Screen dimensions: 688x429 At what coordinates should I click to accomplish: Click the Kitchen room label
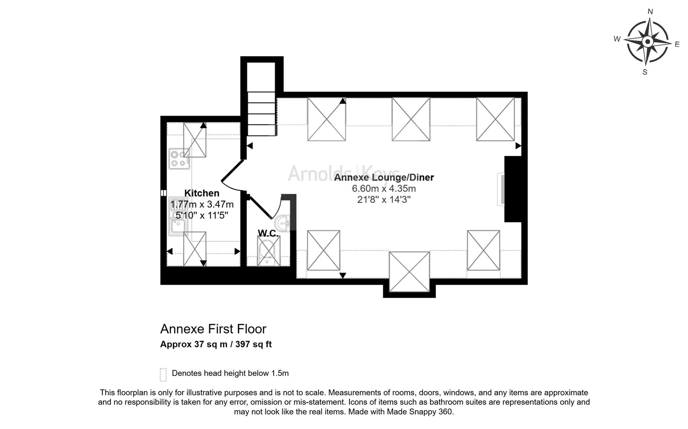[x=202, y=193]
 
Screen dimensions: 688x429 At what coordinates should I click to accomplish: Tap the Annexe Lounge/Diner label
[x=384, y=178]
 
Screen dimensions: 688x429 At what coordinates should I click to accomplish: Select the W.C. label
[x=268, y=233]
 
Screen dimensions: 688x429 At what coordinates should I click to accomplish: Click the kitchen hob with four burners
[x=179, y=158]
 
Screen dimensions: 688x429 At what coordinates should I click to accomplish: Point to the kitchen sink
[x=178, y=216]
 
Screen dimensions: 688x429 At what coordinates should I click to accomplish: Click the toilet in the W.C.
[x=269, y=251]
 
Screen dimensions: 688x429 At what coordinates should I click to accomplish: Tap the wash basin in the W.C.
[x=283, y=224]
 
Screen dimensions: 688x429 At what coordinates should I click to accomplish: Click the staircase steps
[x=262, y=114]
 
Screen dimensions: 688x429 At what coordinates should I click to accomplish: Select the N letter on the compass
[x=650, y=12]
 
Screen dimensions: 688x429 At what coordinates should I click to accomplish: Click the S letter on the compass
[x=645, y=72]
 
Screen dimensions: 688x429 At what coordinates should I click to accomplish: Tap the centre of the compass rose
[x=648, y=41]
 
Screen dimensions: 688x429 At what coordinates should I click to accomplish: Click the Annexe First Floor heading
[x=213, y=329]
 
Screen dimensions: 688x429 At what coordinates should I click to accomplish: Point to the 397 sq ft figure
[x=253, y=344]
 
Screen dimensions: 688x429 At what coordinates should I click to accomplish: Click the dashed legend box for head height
[x=163, y=375]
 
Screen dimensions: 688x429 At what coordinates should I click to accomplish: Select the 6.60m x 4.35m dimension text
[x=384, y=189]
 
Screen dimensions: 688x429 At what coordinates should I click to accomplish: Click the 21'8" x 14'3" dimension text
[x=384, y=199]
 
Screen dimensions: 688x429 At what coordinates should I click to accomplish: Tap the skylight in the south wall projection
[x=409, y=272]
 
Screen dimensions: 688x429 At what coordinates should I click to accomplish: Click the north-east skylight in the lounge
[x=495, y=119]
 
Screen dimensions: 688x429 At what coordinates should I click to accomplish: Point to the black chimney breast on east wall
[x=513, y=189]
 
